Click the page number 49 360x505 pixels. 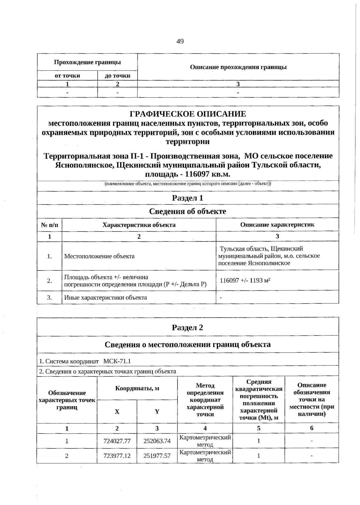(x=180, y=41)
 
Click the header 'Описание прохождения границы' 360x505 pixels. (x=238, y=67)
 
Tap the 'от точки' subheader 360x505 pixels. (x=67, y=76)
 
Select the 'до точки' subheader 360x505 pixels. (x=117, y=76)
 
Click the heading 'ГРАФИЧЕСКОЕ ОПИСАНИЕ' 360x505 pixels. (x=188, y=114)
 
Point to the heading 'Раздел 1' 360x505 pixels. (x=188, y=198)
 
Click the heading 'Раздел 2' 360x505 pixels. (x=188, y=327)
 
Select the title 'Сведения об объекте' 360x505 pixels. (x=188, y=211)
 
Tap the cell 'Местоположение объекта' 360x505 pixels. (x=99, y=256)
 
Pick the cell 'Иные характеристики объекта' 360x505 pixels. (x=106, y=298)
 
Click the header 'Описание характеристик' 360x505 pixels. (x=277, y=225)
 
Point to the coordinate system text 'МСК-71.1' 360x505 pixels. (x=117, y=361)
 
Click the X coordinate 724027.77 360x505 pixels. (x=117, y=441)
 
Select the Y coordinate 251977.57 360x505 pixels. (x=157, y=456)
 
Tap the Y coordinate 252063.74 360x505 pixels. (x=157, y=441)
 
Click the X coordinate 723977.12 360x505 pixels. (x=117, y=456)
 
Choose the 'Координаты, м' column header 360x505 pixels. (x=137, y=389)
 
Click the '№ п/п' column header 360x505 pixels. (x=49, y=225)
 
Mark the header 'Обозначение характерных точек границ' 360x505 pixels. (x=67, y=400)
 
